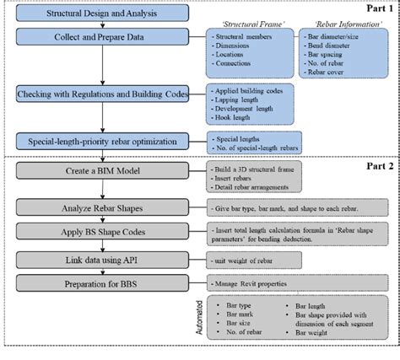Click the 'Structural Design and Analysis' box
pyautogui.click(x=101, y=14)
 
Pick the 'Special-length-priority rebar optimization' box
pyautogui.click(x=101, y=142)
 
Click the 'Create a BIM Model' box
pyautogui.click(x=101, y=172)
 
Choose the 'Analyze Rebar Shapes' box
pyautogui.click(x=101, y=206)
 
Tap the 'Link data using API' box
pyautogui.click(x=101, y=262)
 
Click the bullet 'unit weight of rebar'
pyautogui.click(x=247, y=262)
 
